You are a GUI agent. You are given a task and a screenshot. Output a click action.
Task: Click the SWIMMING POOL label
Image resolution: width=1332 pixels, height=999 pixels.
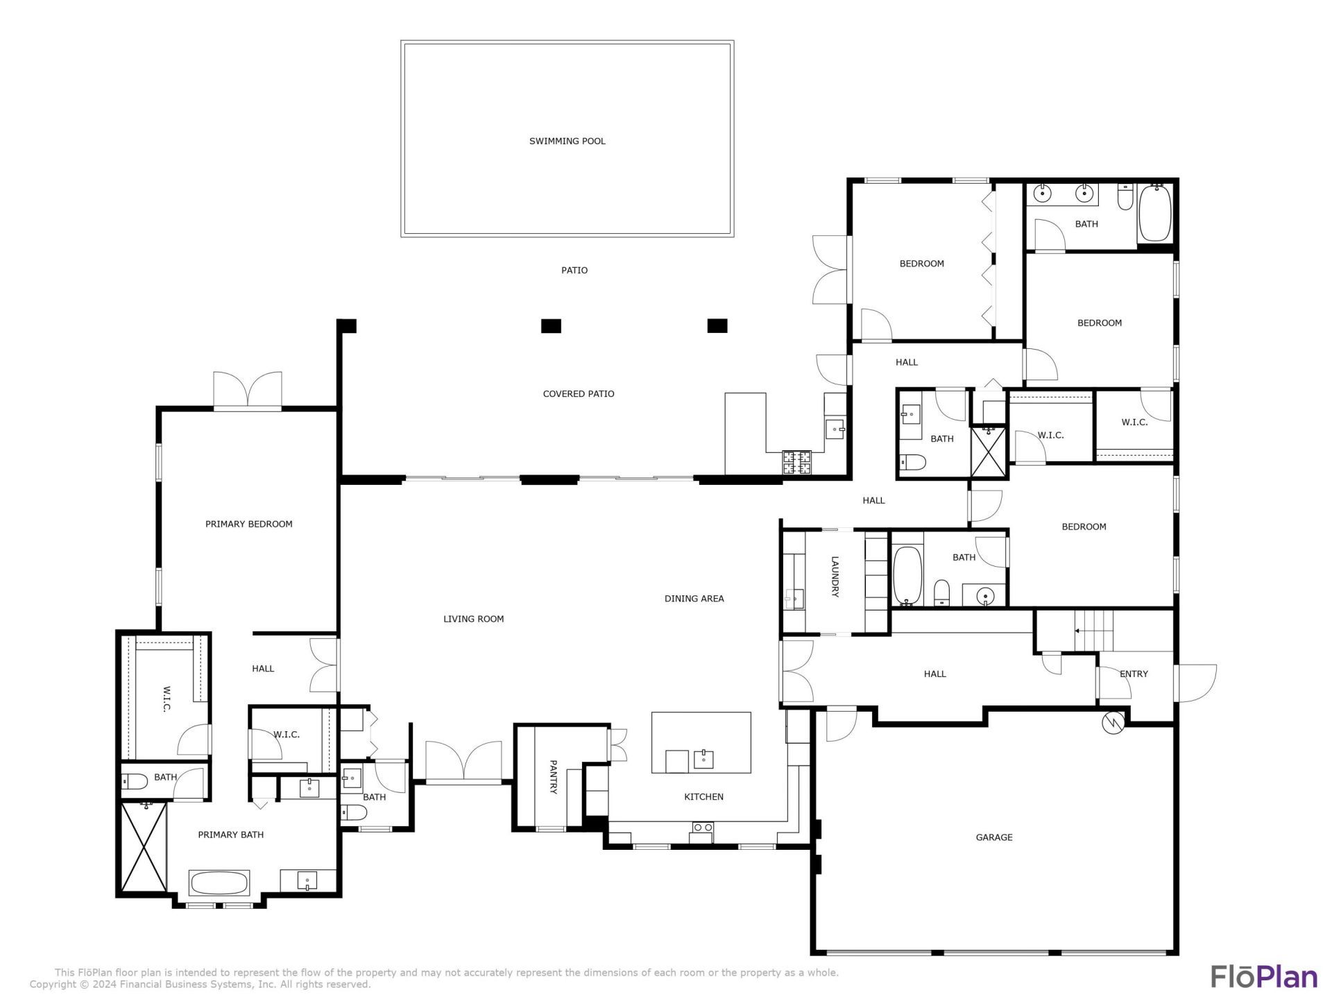[x=567, y=141]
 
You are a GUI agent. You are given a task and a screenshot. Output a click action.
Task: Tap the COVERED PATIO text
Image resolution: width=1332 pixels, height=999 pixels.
[x=578, y=393]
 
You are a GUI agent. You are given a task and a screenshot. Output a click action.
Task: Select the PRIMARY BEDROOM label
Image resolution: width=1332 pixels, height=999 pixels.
[x=248, y=524]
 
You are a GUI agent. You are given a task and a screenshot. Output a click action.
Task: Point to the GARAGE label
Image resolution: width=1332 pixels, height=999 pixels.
[x=993, y=837]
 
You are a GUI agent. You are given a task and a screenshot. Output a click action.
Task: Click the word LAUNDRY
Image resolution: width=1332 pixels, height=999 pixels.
[x=835, y=577]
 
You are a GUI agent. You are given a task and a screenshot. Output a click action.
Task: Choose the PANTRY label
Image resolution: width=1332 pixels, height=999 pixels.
[x=553, y=777]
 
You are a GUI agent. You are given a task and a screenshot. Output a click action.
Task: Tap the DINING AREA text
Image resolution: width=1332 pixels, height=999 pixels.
[x=694, y=598]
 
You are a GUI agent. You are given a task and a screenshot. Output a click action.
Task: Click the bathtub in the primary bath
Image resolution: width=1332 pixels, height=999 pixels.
[x=219, y=883]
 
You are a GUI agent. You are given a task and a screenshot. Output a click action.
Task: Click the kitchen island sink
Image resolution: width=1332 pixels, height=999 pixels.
[x=703, y=759]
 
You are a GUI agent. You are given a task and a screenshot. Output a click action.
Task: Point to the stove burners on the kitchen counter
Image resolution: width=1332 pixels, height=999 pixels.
[x=702, y=828]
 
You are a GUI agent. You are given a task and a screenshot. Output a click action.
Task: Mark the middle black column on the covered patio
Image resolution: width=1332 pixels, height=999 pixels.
[x=551, y=325]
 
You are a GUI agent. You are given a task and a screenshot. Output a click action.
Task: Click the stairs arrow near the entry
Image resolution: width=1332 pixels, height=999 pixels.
[x=1077, y=631]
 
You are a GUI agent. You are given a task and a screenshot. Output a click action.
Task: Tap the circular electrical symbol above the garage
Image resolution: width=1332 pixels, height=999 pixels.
[x=1112, y=723]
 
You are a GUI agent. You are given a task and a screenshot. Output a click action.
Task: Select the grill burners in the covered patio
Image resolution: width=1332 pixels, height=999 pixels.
[x=797, y=462]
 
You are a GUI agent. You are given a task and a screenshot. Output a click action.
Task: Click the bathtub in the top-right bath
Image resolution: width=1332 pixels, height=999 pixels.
[x=1155, y=213]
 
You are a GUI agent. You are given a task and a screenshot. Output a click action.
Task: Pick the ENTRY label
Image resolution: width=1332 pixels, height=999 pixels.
[x=1134, y=674]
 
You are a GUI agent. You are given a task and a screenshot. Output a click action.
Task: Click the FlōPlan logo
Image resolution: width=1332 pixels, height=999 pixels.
[x=1264, y=976]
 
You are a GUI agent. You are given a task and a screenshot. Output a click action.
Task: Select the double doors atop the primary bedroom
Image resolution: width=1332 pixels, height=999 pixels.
[x=248, y=390]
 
